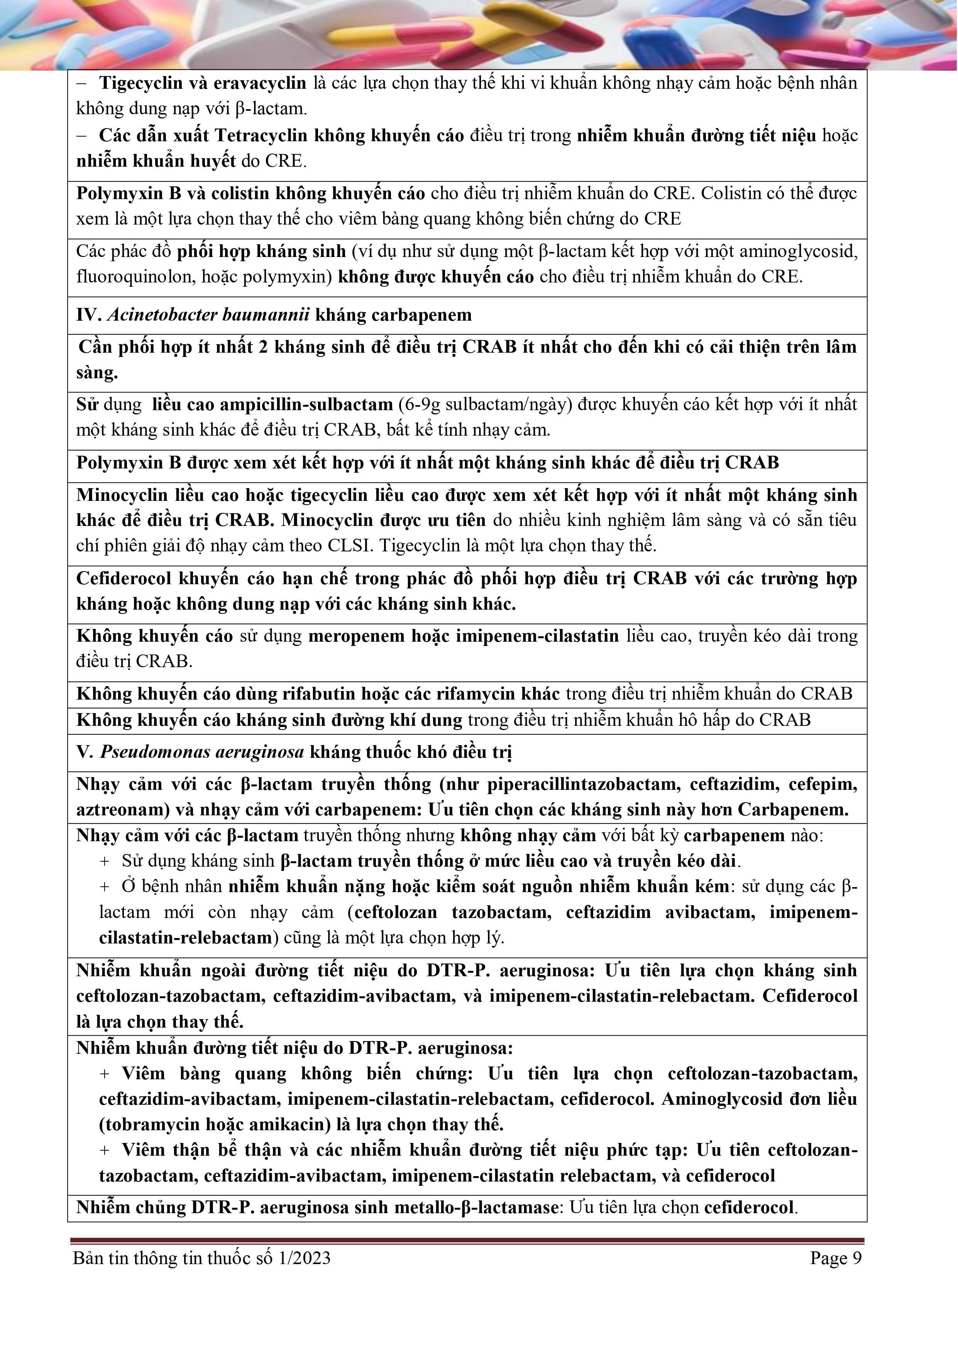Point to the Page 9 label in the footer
pos(835,1258)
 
